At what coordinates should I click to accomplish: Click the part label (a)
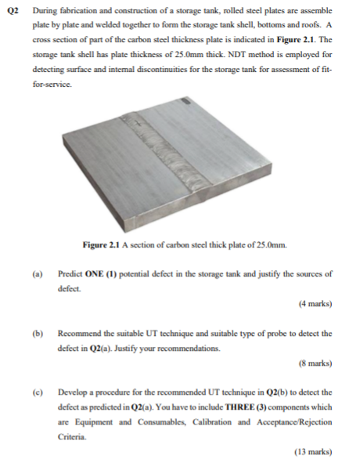pos(36,274)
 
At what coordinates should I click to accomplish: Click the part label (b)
pos(36,334)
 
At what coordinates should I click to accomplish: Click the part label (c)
pos(36,392)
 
